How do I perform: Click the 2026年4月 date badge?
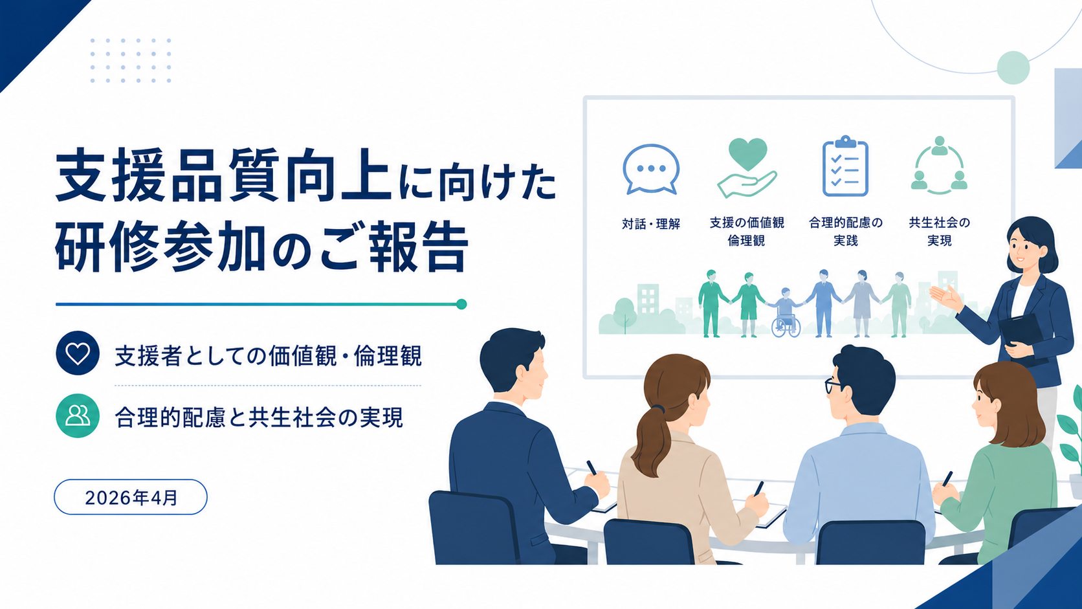tap(131, 497)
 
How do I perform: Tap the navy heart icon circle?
tap(77, 353)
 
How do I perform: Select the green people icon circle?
tap(77, 416)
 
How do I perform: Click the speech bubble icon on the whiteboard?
tap(651, 169)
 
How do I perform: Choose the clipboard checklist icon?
tap(845, 166)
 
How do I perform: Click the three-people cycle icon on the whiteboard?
tap(939, 165)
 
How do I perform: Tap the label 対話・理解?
tap(651, 224)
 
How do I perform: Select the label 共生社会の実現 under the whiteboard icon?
tap(939, 231)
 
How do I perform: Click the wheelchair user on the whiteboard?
tap(786, 313)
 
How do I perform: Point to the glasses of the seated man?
tap(833, 385)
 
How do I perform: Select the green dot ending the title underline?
tap(461, 304)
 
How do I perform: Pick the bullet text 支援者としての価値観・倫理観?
tap(268, 356)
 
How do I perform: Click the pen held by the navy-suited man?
tap(591, 467)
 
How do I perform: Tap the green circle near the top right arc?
tap(1013, 67)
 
